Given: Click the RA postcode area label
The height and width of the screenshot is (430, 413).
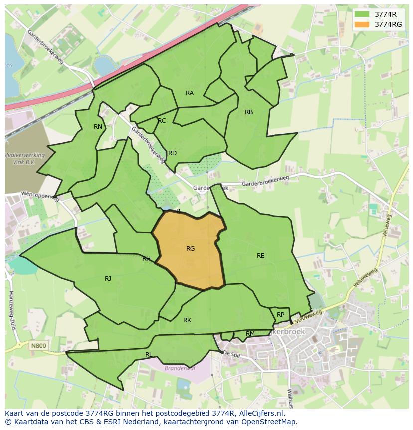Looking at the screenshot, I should click(x=190, y=93).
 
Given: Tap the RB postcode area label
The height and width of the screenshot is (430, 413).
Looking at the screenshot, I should click(x=249, y=112).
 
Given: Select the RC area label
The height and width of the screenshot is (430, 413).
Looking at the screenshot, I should click(x=162, y=121).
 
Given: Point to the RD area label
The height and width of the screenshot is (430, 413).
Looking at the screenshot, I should click(x=172, y=153).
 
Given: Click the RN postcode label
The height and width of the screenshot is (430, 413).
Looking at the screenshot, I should click(x=98, y=127).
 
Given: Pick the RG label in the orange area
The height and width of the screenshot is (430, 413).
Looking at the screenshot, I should click(x=190, y=249).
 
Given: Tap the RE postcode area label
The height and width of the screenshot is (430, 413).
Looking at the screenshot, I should click(x=260, y=256).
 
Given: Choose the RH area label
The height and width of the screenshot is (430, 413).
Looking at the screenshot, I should click(x=146, y=259).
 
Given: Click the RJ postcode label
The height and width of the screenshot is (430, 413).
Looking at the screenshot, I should click(x=108, y=279).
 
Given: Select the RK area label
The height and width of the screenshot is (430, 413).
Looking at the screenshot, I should click(x=187, y=320).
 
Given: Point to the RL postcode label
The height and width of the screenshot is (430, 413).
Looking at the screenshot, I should click(x=149, y=355).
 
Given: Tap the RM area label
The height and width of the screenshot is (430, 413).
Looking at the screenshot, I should click(x=250, y=334).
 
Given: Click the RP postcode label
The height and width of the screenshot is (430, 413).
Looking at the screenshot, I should click(x=280, y=315).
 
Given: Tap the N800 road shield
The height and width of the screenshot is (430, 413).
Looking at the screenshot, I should click(x=37, y=345).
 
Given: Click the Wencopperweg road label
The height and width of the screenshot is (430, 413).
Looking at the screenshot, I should click(x=40, y=196).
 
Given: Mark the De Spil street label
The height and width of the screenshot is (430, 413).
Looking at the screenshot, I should click(x=232, y=353).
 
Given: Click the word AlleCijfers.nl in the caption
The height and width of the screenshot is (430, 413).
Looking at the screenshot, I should click(x=260, y=413).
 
